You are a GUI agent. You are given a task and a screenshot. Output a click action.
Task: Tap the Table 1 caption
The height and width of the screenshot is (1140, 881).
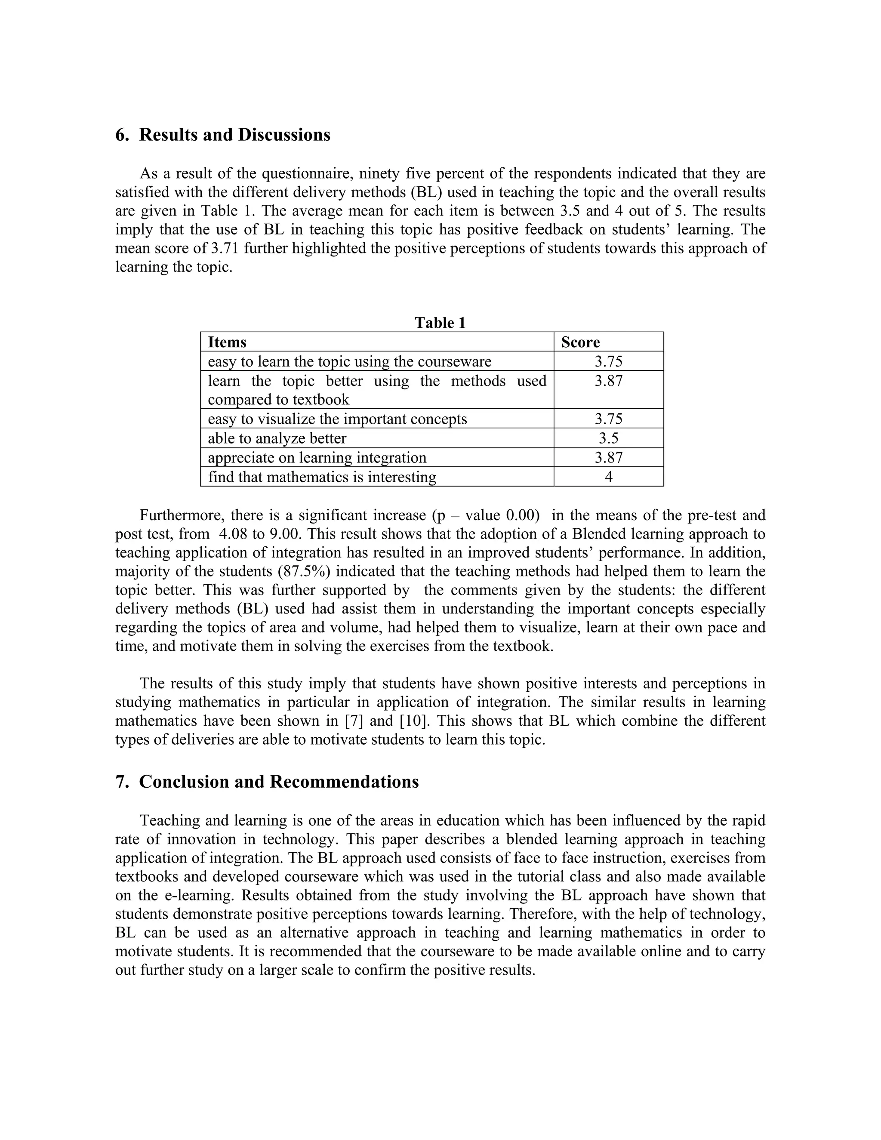440,323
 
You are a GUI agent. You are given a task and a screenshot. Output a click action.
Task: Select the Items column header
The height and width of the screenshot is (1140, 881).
227,342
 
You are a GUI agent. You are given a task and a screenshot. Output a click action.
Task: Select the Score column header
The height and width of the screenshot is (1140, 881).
580,342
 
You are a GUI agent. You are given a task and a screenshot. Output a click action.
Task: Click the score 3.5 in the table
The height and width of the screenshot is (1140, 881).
609,438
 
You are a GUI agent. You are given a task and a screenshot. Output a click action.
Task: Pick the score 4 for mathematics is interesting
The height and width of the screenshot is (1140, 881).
609,477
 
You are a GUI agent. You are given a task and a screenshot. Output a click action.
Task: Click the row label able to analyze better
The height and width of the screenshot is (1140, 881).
277,438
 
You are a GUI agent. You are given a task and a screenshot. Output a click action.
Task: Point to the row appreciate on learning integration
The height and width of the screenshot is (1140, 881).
317,457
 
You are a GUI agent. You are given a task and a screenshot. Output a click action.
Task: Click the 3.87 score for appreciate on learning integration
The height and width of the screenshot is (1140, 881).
609,457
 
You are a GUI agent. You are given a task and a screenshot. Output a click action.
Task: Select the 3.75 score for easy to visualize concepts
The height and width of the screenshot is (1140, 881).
609,419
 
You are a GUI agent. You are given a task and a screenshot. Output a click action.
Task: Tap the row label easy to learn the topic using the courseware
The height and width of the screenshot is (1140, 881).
349,361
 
